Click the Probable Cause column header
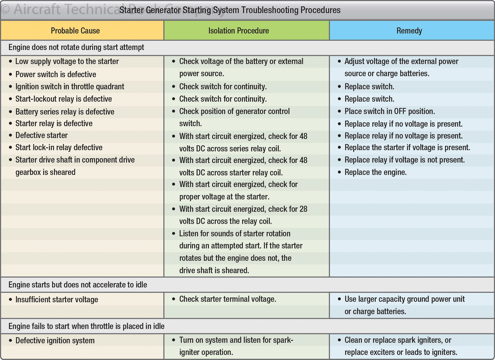[75, 31]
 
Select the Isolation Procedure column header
[239, 31]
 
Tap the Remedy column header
[409, 31]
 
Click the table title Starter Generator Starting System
[230, 10]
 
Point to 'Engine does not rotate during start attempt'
[76, 47]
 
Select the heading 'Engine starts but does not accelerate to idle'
[78, 285]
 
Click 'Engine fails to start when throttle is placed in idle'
[86, 326]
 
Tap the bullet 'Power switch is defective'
[56, 74]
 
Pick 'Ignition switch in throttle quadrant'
[70, 87]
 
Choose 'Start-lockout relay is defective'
[64, 99]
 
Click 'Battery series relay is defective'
[65, 112]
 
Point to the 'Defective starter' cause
[41, 135]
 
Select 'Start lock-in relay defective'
[59, 147]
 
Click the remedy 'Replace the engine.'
[375, 172]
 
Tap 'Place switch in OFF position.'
[390, 111]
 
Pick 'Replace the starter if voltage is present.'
[407, 147]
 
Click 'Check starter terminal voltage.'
[228, 299]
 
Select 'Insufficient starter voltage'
[57, 299]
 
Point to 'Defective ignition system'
[55, 340]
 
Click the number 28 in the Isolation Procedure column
[303, 209]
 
